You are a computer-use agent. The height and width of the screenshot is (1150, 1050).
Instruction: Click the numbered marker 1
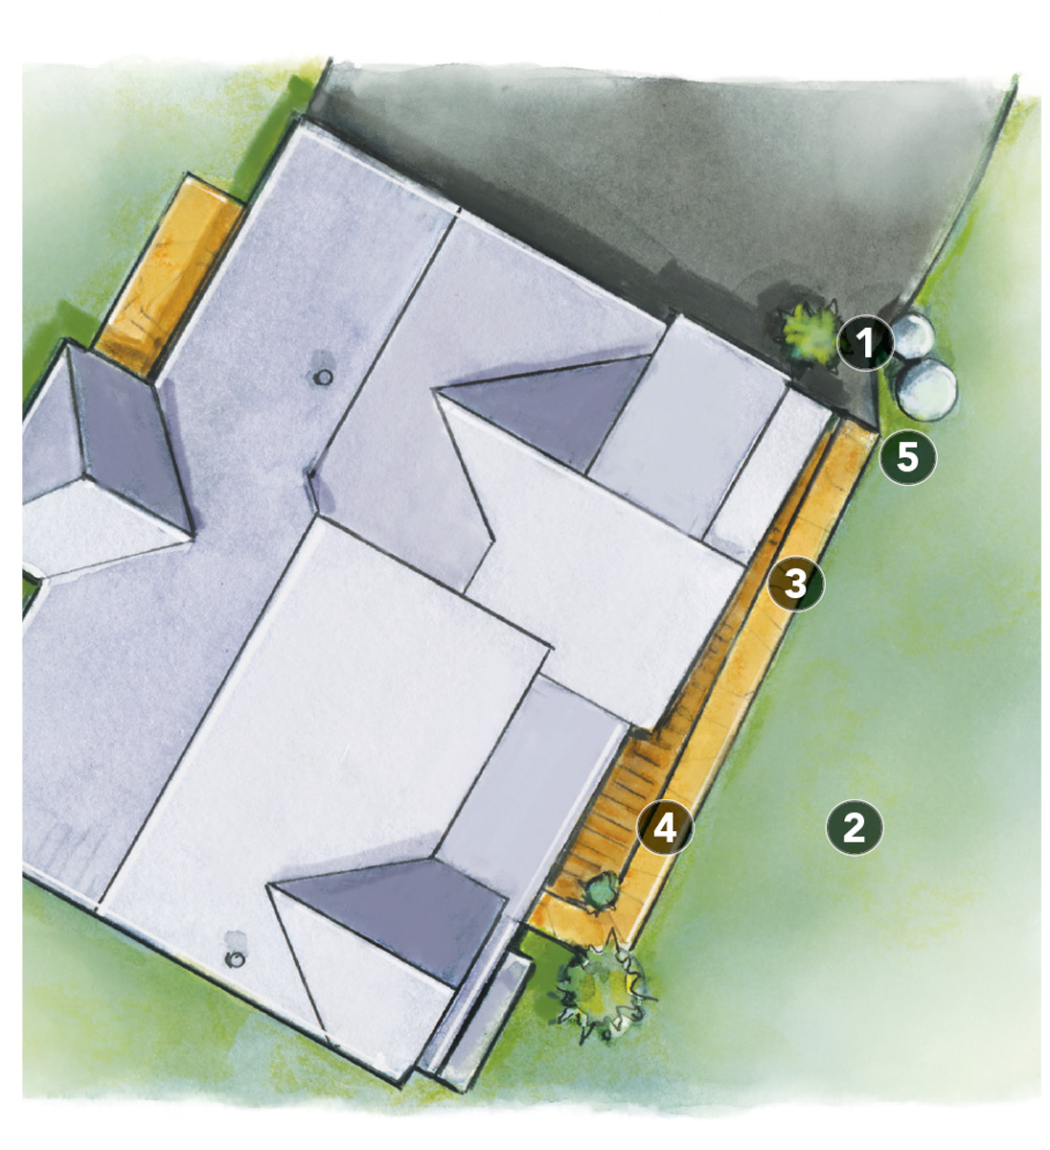click(x=865, y=343)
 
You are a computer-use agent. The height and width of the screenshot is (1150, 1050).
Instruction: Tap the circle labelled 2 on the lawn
click(x=853, y=827)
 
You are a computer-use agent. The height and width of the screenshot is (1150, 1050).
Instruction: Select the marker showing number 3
click(x=795, y=583)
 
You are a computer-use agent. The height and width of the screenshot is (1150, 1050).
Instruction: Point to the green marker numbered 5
click(x=906, y=457)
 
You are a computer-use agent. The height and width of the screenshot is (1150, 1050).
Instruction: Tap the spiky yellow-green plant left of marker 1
click(x=806, y=332)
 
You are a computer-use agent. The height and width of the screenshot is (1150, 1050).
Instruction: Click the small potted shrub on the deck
click(x=602, y=890)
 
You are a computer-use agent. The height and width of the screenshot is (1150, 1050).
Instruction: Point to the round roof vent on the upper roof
click(x=324, y=378)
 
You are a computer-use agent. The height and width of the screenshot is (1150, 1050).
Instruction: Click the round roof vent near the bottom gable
click(x=235, y=958)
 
